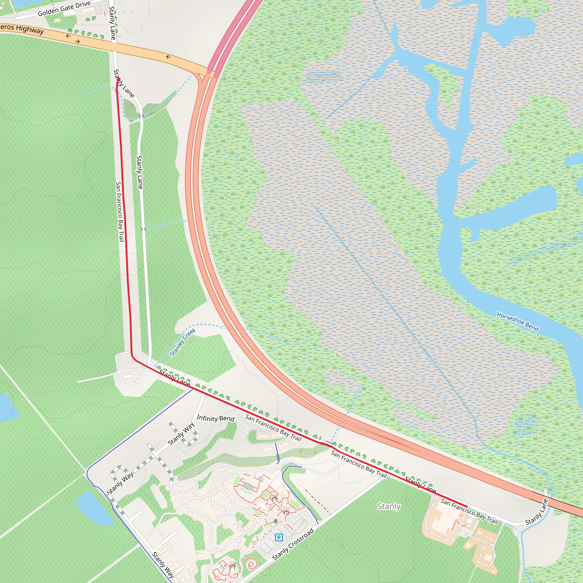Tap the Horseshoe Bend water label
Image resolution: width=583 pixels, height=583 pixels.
[x=518, y=322]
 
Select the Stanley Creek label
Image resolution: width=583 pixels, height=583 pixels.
[x=183, y=342]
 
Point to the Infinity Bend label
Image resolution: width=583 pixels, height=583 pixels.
[x=215, y=418]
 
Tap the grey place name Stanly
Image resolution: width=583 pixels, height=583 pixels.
[x=389, y=506]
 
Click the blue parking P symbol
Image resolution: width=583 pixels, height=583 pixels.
[x=279, y=537]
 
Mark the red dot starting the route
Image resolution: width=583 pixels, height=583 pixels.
[x=119, y=80]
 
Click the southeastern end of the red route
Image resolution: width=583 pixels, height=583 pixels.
[x=467, y=507]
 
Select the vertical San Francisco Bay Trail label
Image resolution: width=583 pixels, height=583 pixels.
[x=120, y=212]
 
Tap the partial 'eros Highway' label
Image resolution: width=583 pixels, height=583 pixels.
[x=22, y=29]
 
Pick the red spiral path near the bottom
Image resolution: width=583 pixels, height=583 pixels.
[x=251, y=563]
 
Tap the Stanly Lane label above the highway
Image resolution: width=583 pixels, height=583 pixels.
[x=112, y=23]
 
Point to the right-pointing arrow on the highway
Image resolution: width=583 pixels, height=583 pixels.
[x=77, y=42]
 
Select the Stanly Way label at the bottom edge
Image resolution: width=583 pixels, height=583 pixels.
[x=163, y=564]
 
